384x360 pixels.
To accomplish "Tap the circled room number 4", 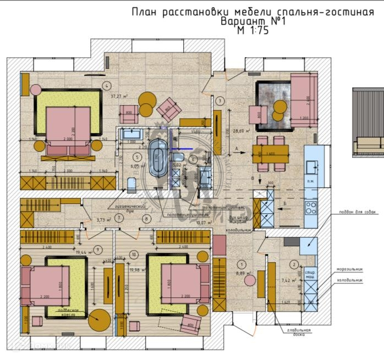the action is coord(107,85).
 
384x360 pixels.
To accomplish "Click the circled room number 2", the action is coord(294,264).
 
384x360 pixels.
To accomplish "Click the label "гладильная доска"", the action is coord(298,333).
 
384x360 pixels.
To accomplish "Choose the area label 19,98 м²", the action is coord(136,270).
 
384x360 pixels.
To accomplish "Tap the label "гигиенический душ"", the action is coord(136,207).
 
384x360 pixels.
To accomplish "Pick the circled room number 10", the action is coord(134,254).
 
